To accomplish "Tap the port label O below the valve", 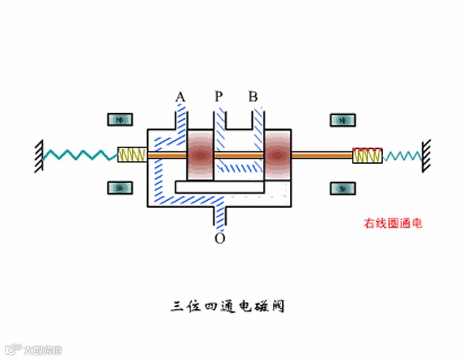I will click(220, 239).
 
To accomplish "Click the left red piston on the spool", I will click(200, 155).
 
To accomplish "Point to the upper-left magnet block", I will click(119, 120).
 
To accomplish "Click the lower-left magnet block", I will click(119, 188).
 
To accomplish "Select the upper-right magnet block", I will click(341, 120).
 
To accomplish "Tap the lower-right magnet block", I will click(341, 188).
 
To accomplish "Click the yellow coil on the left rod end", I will click(131, 155).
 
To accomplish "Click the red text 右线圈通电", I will click(394, 224).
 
